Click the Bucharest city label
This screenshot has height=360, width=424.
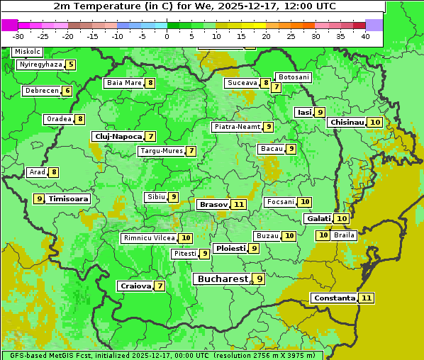click(222, 279)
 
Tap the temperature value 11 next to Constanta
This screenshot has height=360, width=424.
click(367, 298)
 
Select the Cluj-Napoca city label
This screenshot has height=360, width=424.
click(118, 136)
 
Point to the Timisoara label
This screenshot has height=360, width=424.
click(68, 199)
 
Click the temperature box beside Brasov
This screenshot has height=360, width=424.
click(239, 205)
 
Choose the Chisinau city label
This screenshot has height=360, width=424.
click(347, 122)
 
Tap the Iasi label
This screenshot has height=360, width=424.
click(304, 112)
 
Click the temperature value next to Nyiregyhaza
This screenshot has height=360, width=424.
click(71, 64)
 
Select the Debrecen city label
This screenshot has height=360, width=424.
click(41, 91)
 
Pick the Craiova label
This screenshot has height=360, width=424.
click(135, 286)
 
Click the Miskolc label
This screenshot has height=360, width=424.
click(27, 52)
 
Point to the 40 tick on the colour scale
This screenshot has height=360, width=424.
click(365, 36)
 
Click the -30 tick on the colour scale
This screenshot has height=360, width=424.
click(18, 36)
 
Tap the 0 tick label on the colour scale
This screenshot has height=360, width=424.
click(167, 36)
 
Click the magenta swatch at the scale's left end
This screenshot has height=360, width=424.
click(9, 25)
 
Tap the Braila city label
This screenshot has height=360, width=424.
click(344, 235)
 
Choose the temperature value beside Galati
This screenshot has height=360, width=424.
click(342, 219)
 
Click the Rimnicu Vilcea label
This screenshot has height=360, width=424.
click(148, 238)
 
